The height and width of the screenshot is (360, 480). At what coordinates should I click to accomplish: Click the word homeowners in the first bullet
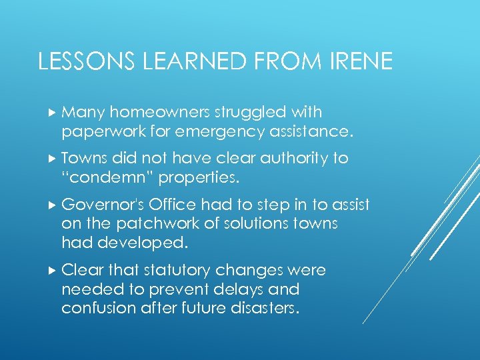(149, 112)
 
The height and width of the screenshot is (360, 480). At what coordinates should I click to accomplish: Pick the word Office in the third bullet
(171, 204)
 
